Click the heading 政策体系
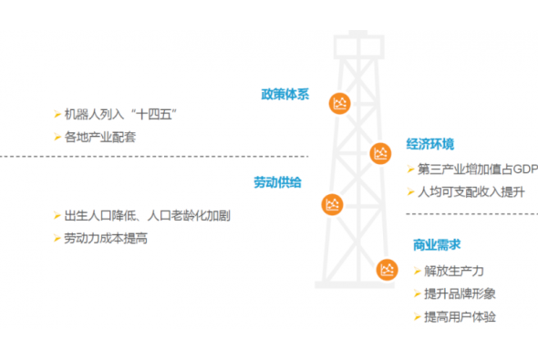pyautogui.click(x=285, y=94)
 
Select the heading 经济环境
pyautogui.click(x=429, y=144)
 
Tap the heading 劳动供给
pyautogui.click(x=277, y=182)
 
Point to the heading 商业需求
pyautogui.click(x=437, y=245)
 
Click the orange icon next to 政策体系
pyautogui.click(x=340, y=103)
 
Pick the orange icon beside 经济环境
pyautogui.click(x=380, y=153)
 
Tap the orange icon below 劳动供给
pyautogui.click(x=332, y=205)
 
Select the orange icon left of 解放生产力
pyautogui.click(x=387, y=270)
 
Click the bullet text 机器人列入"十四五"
pyautogui.click(x=120, y=114)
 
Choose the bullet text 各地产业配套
pyautogui.click(x=100, y=137)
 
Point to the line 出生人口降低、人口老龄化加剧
pyautogui.click(x=147, y=216)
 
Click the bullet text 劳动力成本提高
pyautogui.click(x=106, y=238)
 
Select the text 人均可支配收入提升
pyautogui.click(x=471, y=192)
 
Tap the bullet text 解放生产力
pyautogui.click(x=454, y=271)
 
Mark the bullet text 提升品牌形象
pyautogui.click(x=460, y=293)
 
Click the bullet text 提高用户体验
pyautogui.click(x=460, y=317)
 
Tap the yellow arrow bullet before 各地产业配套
pyautogui.click(x=57, y=137)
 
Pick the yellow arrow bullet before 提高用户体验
pyautogui.click(x=418, y=317)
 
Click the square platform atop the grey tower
pyautogui.click(x=358, y=46)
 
